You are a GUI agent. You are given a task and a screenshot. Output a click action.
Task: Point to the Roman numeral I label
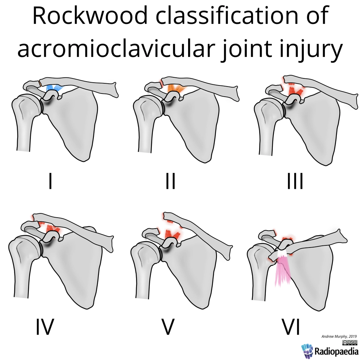(x=50, y=181)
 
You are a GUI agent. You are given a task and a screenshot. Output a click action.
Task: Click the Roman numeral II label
(x=170, y=181)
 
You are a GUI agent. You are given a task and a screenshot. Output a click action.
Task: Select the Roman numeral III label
(x=295, y=181)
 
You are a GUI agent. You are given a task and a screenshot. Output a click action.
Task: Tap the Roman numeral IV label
(x=45, y=327)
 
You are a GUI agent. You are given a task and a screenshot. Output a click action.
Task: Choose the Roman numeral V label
(x=168, y=327)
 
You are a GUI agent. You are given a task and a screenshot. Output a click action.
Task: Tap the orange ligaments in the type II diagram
(x=175, y=88)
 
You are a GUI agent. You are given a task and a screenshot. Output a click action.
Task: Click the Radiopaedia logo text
(x=336, y=351)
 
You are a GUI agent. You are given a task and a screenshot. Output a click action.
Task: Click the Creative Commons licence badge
(x=349, y=342)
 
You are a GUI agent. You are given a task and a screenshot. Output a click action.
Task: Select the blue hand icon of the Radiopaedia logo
(x=307, y=351)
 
